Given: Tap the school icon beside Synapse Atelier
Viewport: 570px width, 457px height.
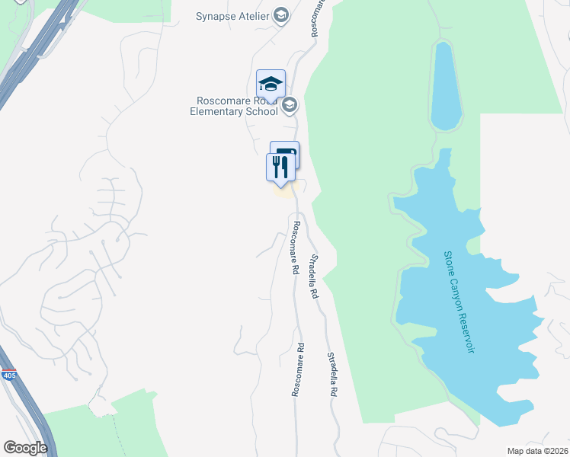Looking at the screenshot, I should point(281,15).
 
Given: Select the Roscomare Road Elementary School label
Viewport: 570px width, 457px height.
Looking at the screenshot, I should point(234,106).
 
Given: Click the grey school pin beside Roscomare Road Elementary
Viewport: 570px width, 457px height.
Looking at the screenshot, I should point(289,105).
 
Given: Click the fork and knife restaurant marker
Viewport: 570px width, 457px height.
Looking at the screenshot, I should point(280,167).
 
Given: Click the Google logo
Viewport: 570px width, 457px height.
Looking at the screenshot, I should point(25,447).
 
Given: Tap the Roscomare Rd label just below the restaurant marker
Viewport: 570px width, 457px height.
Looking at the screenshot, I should point(295,248).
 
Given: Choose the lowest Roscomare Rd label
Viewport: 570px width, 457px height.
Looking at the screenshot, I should point(297,369).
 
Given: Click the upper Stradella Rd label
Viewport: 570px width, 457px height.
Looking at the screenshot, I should point(313,276).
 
